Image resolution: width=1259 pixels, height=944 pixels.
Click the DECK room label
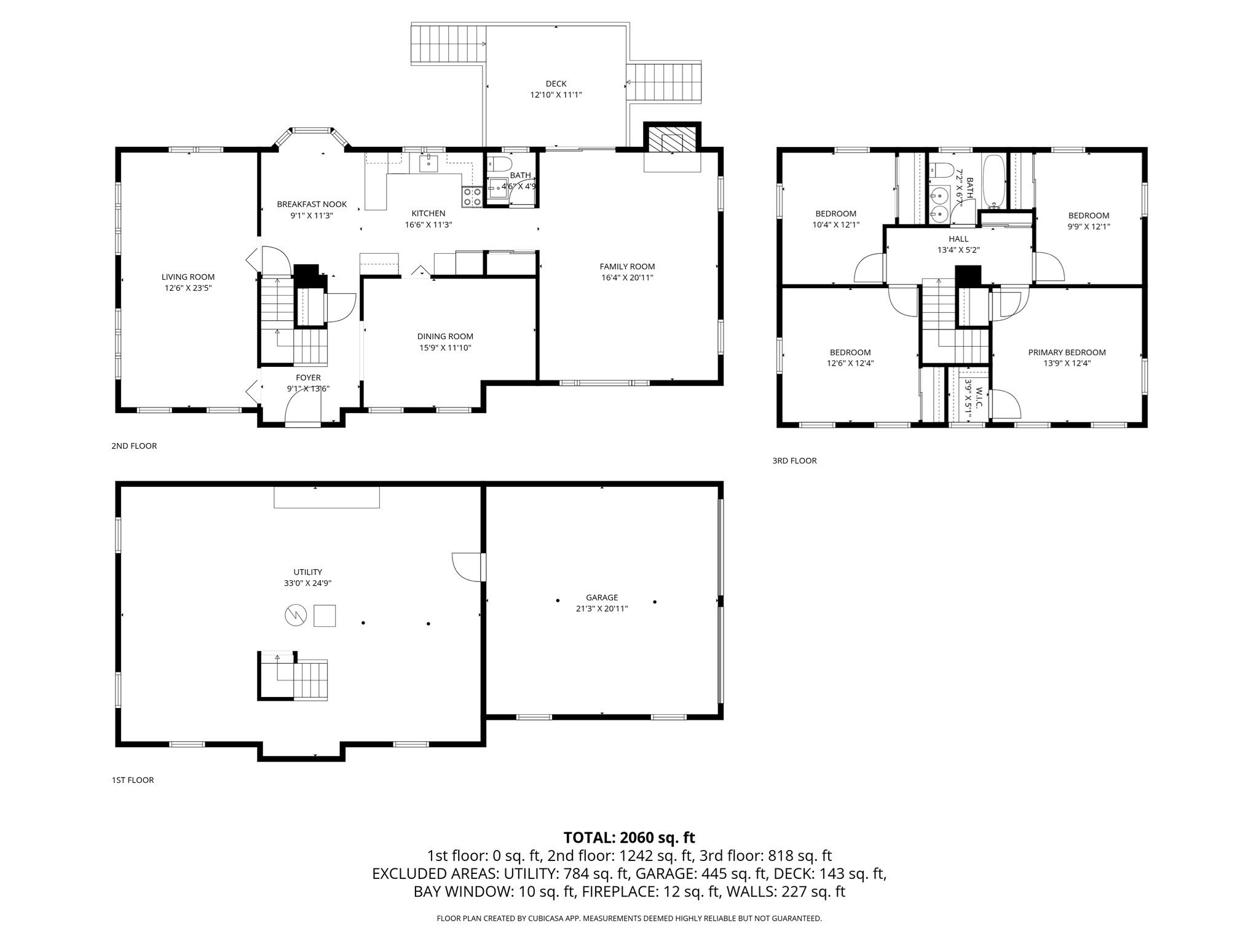(x=556, y=84)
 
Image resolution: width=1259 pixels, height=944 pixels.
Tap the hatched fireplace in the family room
(x=672, y=139)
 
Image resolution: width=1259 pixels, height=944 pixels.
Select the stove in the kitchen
(x=472, y=197)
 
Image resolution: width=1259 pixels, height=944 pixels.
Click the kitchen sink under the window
(x=428, y=162)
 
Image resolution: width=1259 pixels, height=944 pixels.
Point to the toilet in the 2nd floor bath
(x=499, y=164)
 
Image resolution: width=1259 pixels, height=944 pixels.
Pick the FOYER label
(x=308, y=377)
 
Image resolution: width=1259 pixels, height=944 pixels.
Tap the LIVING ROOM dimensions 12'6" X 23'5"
(x=188, y=288)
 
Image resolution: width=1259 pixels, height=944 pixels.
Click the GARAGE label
(x=601, y=597)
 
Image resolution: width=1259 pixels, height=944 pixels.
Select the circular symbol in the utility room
(x=296, y=615)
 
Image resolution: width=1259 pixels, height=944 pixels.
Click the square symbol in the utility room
(x=325, y=615)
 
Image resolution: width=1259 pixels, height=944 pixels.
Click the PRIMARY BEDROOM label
(x=1067, y=352)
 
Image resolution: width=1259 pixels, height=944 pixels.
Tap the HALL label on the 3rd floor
(x=958, y=239)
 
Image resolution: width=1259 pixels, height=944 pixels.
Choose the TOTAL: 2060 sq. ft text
(x=629, y=837)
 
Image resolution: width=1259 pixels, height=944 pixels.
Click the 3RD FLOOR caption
(x=794, y=460)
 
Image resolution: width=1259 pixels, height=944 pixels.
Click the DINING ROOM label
(x=445, y=336)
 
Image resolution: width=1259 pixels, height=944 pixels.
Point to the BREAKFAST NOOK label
(x=312, y=204)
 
